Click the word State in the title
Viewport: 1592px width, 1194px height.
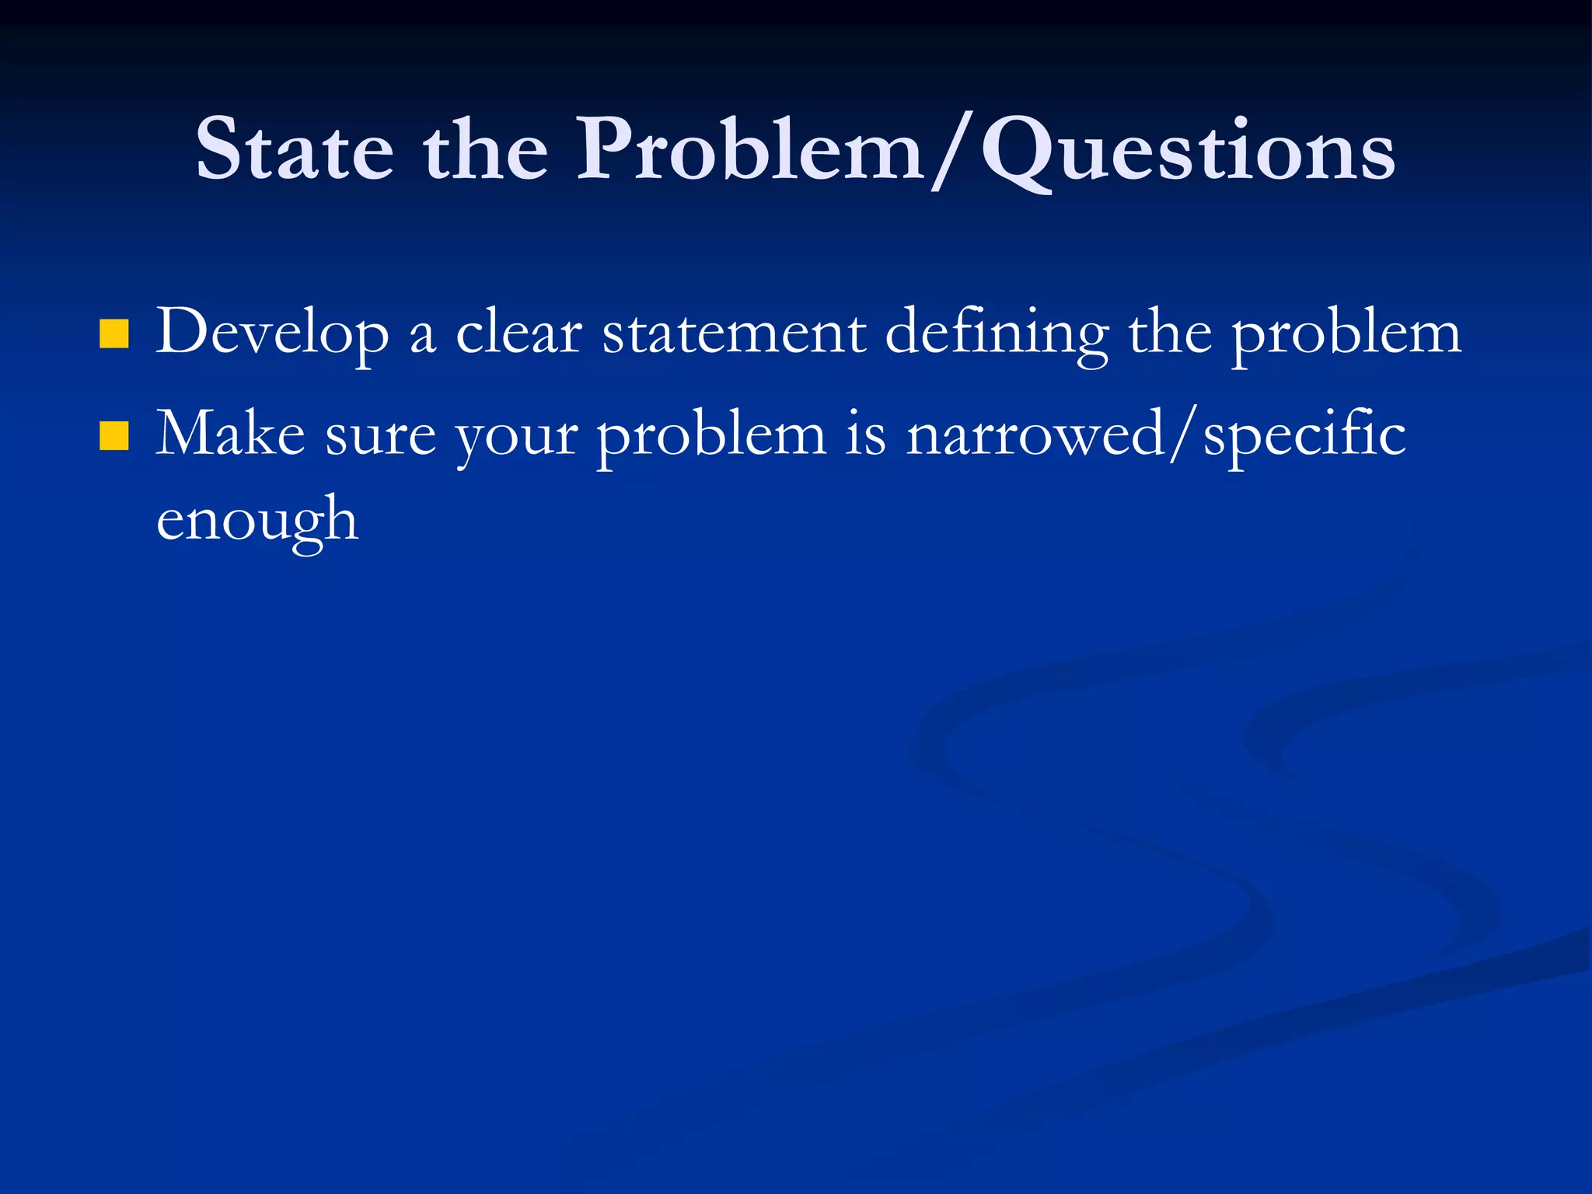[295, 148]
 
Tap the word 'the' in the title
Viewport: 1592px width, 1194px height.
[485, 148]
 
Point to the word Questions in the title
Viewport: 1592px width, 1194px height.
[1187, 152]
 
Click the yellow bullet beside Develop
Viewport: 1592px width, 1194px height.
[114, 334]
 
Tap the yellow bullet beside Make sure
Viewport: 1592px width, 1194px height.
[114, 436]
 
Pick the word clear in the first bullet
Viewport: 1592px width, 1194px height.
[518, 333]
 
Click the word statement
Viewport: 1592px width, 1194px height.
[734, 333]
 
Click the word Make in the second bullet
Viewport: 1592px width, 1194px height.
[230, 434]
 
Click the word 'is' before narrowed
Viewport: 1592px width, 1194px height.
[865, 434]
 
